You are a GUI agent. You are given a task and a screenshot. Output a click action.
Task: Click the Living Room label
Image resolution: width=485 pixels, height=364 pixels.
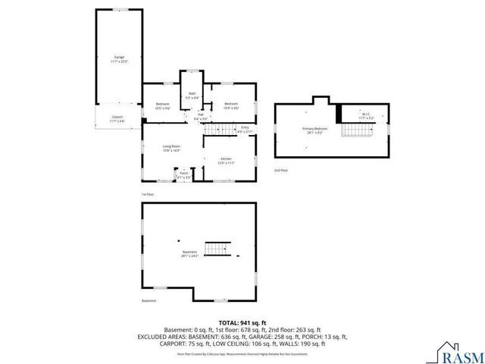pyautogui.click(x=171, y=148)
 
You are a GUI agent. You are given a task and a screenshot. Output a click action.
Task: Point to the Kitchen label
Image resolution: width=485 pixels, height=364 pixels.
pyautogui.click(x=226, y=161)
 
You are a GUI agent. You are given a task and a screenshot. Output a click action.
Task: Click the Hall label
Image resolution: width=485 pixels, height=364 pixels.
pyautogui.click(x=201, y=117)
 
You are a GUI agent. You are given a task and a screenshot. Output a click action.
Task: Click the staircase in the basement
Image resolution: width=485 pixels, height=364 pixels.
pyautogui.click(x=217, y=249)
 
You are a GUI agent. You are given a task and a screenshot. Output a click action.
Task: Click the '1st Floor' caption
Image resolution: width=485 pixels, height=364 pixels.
pyautogui.click(x=148, y=194)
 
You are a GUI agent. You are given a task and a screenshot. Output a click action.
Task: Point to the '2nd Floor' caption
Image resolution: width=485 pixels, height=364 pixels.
pyautogui.click(x=281, y=171)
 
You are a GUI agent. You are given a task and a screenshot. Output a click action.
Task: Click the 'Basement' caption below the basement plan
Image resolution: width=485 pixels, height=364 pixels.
pyautogui.click(x=149, y=301)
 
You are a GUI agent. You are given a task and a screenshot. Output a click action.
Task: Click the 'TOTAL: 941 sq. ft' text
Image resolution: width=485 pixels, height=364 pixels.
pyautogui.click(x=242, y=323)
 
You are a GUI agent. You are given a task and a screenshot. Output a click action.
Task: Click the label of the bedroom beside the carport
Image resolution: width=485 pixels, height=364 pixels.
pyautogui.click(x=162, y=105)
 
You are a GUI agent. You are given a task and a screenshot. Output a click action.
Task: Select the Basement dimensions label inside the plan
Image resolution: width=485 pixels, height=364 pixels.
pyautogui.click(x=189, y=253)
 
